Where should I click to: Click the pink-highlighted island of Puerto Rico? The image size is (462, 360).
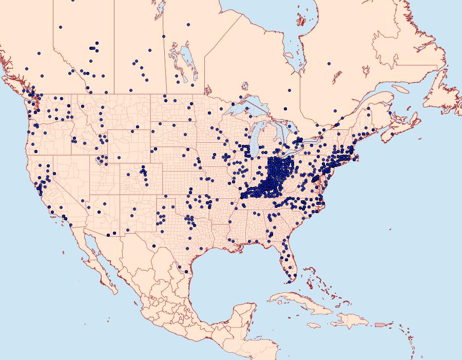380,325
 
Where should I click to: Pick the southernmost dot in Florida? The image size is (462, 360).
289,281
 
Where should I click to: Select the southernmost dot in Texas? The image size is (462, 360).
186,271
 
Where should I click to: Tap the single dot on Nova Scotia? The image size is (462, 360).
392,134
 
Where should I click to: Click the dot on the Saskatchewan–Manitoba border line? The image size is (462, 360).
164,36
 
